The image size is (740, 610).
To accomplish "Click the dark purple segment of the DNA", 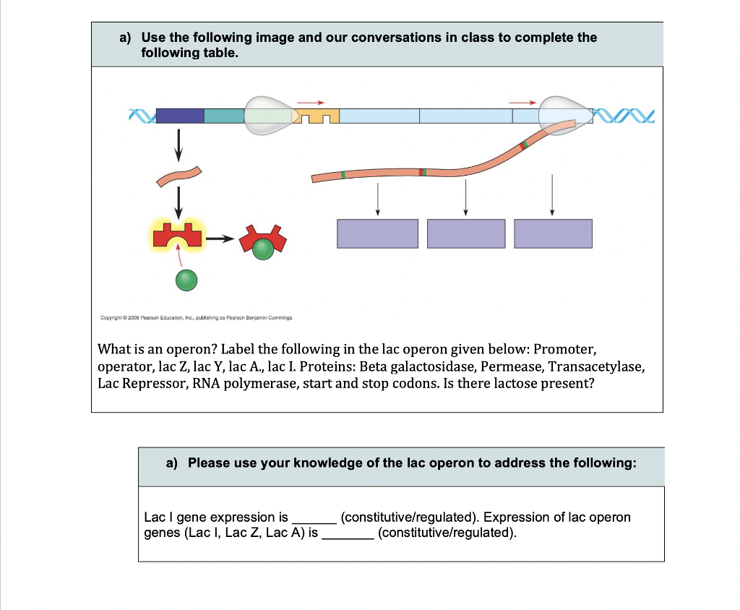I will point(180,115).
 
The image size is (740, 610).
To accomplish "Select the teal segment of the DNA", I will point(224,115).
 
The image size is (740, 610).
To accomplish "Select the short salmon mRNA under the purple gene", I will point(178,174).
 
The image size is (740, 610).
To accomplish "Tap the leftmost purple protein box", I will point(377,233).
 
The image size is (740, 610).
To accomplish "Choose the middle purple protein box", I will point(466,233).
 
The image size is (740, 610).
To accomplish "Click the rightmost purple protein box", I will point(554,233).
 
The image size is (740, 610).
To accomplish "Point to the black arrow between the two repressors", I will point(220,239).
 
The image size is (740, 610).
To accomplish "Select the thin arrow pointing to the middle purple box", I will point(466,196).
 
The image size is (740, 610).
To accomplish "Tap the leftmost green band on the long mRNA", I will point(343,175).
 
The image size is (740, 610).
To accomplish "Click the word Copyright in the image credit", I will point(110,317).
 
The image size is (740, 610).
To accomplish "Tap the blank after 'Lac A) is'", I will point(348,533).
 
